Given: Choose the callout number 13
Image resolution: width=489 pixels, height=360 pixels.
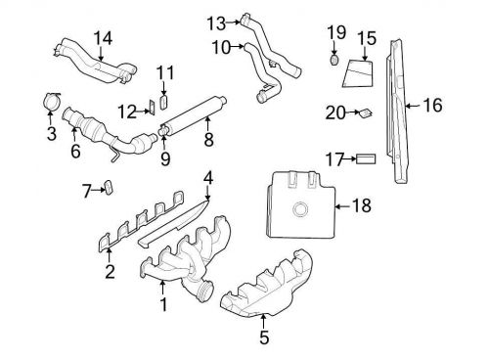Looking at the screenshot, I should [x=215, y=21].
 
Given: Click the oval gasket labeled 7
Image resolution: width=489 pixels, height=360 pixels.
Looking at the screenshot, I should [x=110, y=188].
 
